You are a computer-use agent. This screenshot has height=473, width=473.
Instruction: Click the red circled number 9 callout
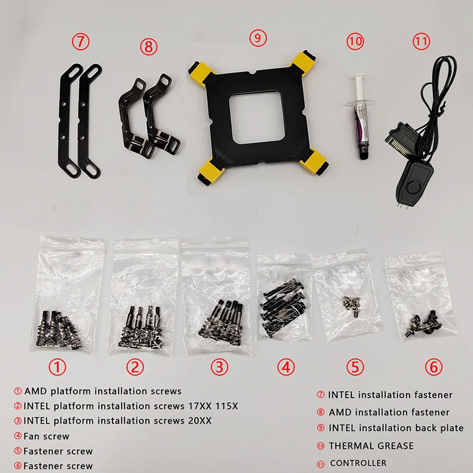click(258, 38)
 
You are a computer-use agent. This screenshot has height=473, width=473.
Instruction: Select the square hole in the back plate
click(257, 116)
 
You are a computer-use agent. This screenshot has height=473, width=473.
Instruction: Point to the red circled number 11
click(422, 41)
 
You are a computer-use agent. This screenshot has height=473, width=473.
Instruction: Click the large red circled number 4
click(286, 367)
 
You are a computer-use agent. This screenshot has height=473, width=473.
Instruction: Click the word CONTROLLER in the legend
click(358, 463)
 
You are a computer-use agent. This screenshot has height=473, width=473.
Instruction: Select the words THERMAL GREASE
click(371, 446)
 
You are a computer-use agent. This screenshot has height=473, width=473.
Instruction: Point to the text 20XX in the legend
click(200, 421)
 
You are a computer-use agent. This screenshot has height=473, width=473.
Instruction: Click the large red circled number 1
click(57, 367)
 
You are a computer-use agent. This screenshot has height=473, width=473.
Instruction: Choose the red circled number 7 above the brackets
click(81, 42)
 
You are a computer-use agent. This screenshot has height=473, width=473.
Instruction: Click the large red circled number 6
click(433, 367)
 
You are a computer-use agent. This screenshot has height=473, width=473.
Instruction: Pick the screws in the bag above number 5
click(352, 305)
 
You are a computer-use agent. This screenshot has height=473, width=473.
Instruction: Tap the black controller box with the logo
click(414, 180)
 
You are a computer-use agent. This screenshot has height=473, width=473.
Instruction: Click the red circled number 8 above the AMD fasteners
click(148, 47)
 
